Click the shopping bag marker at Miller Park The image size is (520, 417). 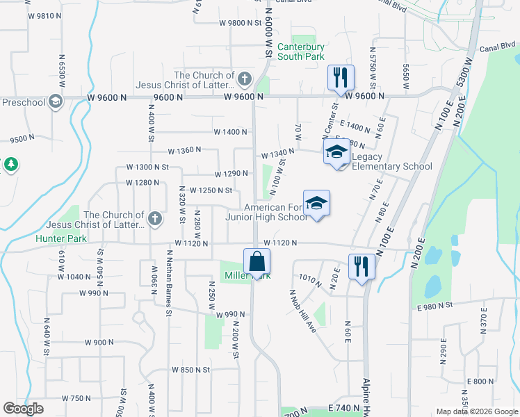tap(257, 262)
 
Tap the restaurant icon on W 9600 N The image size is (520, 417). tap(341, 78)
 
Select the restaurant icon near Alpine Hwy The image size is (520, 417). tap(361, 266)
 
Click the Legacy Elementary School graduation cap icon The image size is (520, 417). tap(337, 152)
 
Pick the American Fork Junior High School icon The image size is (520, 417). tap(316, 204)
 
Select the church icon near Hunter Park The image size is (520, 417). tap(155, 219)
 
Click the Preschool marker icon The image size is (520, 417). tap(56, 102)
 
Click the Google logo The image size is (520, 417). tap(23, 409)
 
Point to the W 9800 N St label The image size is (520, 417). tap(238, 22)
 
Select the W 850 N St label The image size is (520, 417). tap(190, 370)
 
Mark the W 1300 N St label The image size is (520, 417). tap(147, 167)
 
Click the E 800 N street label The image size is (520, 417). tap(480, 381)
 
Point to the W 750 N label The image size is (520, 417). tap(76, 398)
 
